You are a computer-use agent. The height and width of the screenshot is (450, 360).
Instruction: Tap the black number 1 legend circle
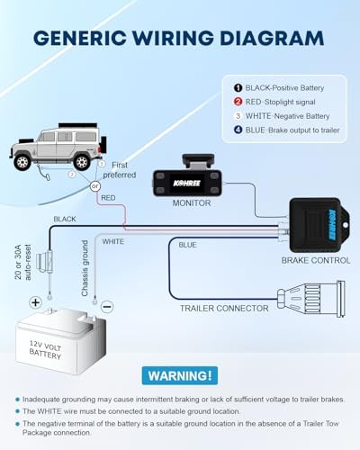coord(238,88)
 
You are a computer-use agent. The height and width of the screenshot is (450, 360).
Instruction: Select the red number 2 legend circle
coord(238,102)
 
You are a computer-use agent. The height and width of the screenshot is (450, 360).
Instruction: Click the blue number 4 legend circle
coord(238,130)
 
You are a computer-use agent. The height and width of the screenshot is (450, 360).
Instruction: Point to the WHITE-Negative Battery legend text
coord(287,116)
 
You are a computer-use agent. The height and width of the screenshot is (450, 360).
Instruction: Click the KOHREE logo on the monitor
coord(186,183)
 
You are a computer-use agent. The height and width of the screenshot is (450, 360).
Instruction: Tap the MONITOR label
coord(192,203)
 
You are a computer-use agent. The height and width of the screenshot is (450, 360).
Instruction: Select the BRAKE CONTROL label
coord(316,260)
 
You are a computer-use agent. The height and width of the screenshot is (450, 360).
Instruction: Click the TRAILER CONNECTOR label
coord(224,309)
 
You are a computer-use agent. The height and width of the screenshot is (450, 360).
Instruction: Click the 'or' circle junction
coord(95,186)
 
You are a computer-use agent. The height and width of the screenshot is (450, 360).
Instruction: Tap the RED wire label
coord(108,198)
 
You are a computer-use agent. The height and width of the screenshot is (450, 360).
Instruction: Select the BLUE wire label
coord(187,245)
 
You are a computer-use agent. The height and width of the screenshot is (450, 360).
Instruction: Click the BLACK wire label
coord(65,220)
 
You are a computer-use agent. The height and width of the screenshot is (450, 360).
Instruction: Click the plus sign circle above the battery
coord(35,302)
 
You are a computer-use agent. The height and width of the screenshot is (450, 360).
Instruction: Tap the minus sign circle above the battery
coord(107,307)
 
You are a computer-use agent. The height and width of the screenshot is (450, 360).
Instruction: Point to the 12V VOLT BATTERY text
coord(45,350)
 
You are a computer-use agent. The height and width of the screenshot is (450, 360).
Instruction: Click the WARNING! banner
coord(180,375)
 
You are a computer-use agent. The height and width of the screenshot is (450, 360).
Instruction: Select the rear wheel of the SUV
coord(82,162)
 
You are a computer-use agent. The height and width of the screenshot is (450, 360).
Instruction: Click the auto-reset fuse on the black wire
coord(45,261)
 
